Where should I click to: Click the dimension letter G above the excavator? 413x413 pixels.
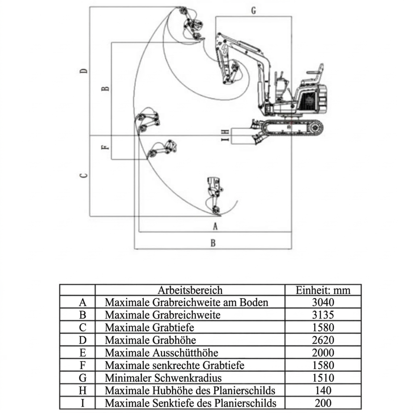click(x=253, y=11)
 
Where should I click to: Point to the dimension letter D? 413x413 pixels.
click(x=84, y=71)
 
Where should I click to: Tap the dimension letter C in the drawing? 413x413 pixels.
click(x=84, y=176)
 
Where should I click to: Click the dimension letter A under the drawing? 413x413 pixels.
click(x=214, y=226)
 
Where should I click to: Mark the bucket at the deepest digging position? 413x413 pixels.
click(x=214, y=196)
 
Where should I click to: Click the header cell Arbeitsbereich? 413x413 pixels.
click(x=190, y=290)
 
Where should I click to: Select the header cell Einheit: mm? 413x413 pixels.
click(x=323, y=290)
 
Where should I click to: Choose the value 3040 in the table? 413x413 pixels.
click(x=323, y=302)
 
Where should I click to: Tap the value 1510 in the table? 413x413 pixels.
click(x=323, y=378)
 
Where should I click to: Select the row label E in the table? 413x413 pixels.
click(x=83, y=353)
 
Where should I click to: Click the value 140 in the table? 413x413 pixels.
click(x=323, y=390)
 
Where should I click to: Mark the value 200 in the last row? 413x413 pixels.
click(x=323, y=403)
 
